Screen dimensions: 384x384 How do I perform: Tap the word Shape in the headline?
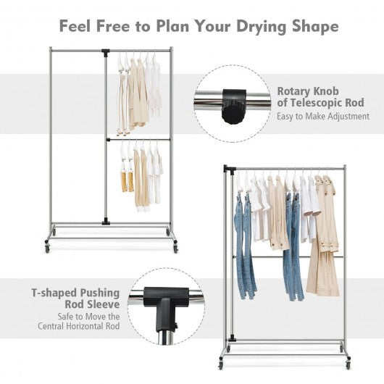pyautogui.click(x=315, y=26)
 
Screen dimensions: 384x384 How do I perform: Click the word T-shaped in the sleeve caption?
pyautogui.click(x=54, y=293)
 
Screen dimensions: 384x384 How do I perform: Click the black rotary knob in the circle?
pyautogui.click(x=233, y=107)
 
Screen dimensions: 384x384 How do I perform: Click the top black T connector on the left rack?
pyautogui.click(x=106, y=52)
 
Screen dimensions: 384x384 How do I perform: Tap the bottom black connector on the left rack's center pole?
pyautogui.click(x=106, y=221)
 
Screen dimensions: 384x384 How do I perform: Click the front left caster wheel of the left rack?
pyautogui.click(x=47, y=249)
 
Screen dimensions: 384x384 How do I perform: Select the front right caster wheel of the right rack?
pyautogui.click(x=348, y=365)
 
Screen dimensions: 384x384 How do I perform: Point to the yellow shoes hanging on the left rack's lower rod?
pyautogui.click(x=128, y=181)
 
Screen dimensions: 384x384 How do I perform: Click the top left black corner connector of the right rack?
pyautogui.click(x=230, y=169)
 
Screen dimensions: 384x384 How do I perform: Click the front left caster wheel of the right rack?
pyautogui.click(x=221, y=365)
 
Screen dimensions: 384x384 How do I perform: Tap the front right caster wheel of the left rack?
pyautogui.click(x=175, y=249)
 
